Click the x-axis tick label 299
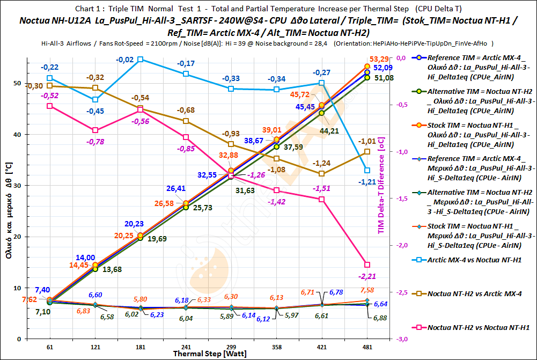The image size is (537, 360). click(x=231, y=347)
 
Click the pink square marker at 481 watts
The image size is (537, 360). click(x=367, y=265)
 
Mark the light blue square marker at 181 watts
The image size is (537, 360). click(x=141, y=60)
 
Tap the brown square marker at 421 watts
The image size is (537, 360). click(x=322, y=173)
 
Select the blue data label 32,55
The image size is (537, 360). click(x=208, y=175)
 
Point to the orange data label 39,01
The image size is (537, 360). click(x=271, y=130)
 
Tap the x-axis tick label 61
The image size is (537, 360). click(x=50, y=347)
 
